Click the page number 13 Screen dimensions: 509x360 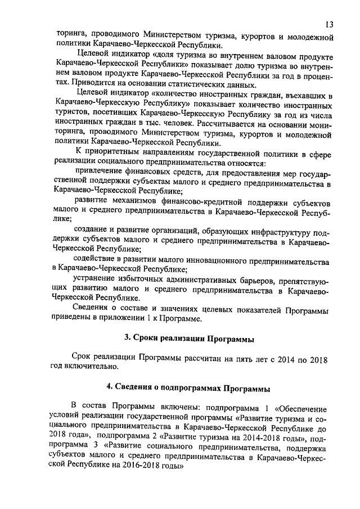(330, 25)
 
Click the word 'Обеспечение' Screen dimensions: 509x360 (305, 406)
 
